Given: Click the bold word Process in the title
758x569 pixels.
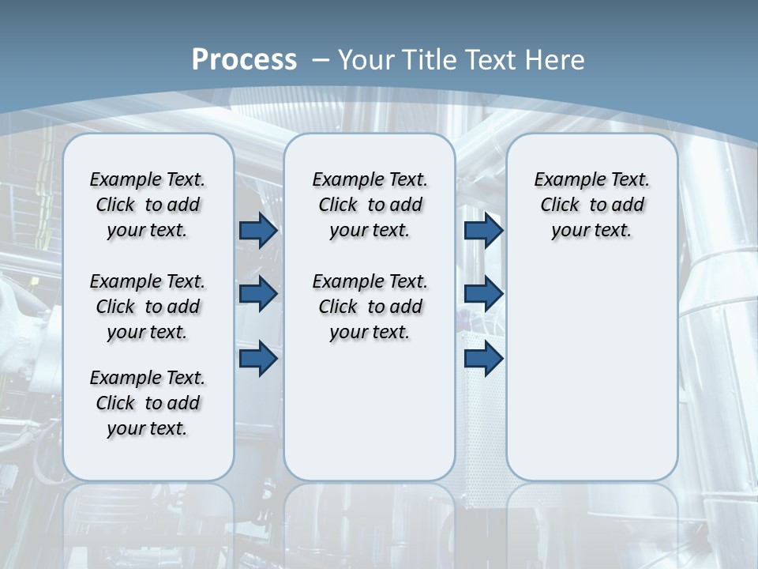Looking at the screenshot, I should click(x=244, y=60).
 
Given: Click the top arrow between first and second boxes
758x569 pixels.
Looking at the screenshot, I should click(x=258, y=231).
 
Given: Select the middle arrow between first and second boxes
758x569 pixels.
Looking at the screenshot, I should click(x=258, y=294).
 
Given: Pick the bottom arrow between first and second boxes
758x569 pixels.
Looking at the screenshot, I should click(x=258, y=359).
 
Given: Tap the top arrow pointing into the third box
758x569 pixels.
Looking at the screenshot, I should click(x=483, y=231).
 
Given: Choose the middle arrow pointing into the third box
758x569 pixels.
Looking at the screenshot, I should click(x=483, y=294).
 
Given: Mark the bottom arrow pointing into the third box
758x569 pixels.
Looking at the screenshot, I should click(x=483, y=359).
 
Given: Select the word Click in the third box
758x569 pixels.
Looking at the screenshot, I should click(x=560, y=205).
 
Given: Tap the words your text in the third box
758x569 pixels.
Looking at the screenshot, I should click(x=591, y=231).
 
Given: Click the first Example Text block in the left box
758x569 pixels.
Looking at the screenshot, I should click(x=148, y=205).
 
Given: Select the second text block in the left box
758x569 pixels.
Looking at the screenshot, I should click(x=148, y=307).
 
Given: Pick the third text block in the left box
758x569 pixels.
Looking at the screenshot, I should click(x=148, y=403).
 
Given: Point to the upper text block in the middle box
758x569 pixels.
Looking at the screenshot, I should click(x=370, y=205).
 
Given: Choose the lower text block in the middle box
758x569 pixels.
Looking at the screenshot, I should click(x=370, y=307).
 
